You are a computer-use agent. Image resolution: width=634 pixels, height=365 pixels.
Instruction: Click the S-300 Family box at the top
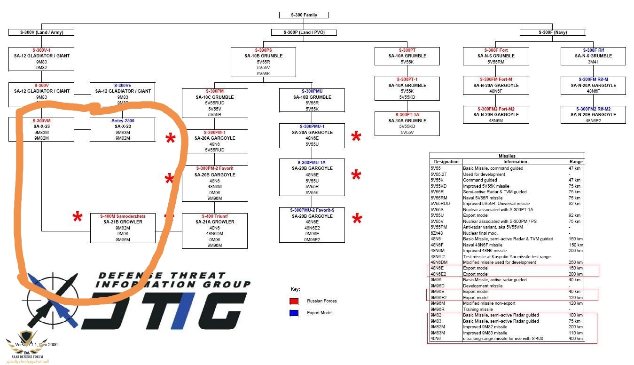[304, 15]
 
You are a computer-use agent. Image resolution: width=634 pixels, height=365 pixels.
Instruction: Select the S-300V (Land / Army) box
[41, 32]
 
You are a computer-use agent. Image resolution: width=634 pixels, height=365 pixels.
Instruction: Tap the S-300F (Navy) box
[552, 32]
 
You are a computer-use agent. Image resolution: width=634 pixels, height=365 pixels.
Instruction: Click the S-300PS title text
[263, 50]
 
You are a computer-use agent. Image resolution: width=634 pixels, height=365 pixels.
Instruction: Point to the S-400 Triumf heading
[214, 216]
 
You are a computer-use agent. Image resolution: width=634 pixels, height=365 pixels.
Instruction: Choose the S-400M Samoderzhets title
[123, 216]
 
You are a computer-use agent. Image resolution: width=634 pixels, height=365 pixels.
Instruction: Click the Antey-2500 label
[122, 121]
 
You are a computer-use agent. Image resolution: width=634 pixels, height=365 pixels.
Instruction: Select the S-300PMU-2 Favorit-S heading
[312, 210]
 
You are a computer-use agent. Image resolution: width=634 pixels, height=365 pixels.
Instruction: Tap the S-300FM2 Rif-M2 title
[593, 109]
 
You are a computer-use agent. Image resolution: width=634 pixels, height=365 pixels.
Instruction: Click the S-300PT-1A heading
[407, 115]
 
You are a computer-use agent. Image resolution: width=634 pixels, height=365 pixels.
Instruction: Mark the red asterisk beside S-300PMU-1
[356, 137]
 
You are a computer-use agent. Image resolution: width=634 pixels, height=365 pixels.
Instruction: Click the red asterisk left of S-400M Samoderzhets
[77, 218]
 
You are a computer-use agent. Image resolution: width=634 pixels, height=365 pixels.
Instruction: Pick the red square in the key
[294, 301]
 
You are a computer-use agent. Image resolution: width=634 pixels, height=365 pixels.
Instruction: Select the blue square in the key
[294, 313]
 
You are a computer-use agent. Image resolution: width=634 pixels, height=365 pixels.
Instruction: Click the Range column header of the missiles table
[576, 162]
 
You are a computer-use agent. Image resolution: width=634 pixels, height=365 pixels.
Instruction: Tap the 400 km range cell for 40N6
[576, 339]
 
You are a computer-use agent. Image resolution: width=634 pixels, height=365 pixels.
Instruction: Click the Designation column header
[446, 162]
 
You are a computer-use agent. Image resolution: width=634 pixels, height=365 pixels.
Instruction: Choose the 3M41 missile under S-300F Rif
[593, 62]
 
